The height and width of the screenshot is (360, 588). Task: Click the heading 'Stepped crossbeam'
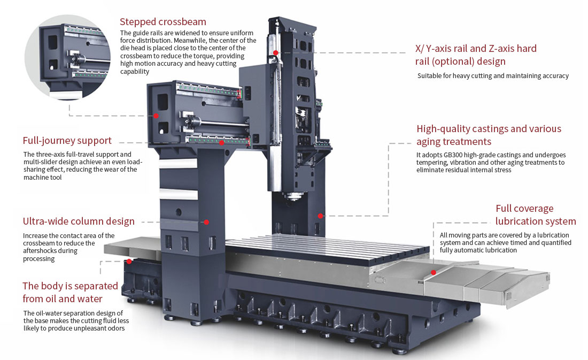point(163,22)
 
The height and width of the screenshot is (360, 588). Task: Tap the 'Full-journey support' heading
point(67,141)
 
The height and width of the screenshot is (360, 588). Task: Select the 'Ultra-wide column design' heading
point(79,221)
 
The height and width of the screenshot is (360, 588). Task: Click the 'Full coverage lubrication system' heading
point(536,215)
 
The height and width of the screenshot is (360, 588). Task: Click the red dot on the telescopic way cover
point(434,272)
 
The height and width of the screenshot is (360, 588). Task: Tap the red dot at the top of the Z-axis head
point(276,52)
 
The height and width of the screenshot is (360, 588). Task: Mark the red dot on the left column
point(206,221)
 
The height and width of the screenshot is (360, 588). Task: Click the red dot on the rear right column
point(320,216)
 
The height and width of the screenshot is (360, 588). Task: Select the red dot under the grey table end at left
point(129,262)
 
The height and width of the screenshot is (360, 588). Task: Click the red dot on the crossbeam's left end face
point(156,116)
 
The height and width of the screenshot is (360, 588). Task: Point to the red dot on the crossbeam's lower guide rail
point(221,143)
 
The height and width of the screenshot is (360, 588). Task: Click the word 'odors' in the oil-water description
point(115,328)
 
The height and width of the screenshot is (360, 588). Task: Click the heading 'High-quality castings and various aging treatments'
point(489,135)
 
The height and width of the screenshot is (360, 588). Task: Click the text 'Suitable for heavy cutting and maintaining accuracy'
point(493,76)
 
